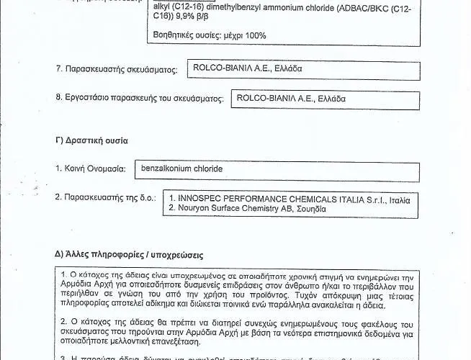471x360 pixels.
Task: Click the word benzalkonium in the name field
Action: pos(167,168)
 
